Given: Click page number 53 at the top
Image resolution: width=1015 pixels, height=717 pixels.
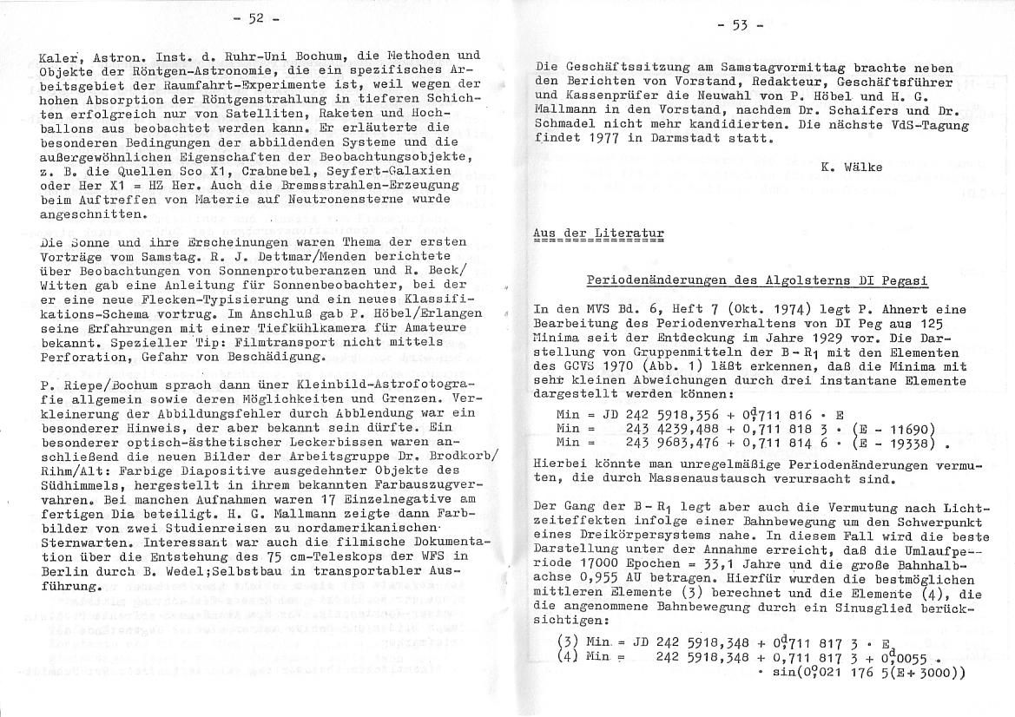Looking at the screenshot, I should tap(740, 24).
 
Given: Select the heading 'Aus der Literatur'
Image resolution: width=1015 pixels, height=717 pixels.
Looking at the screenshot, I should tap(598, 234).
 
